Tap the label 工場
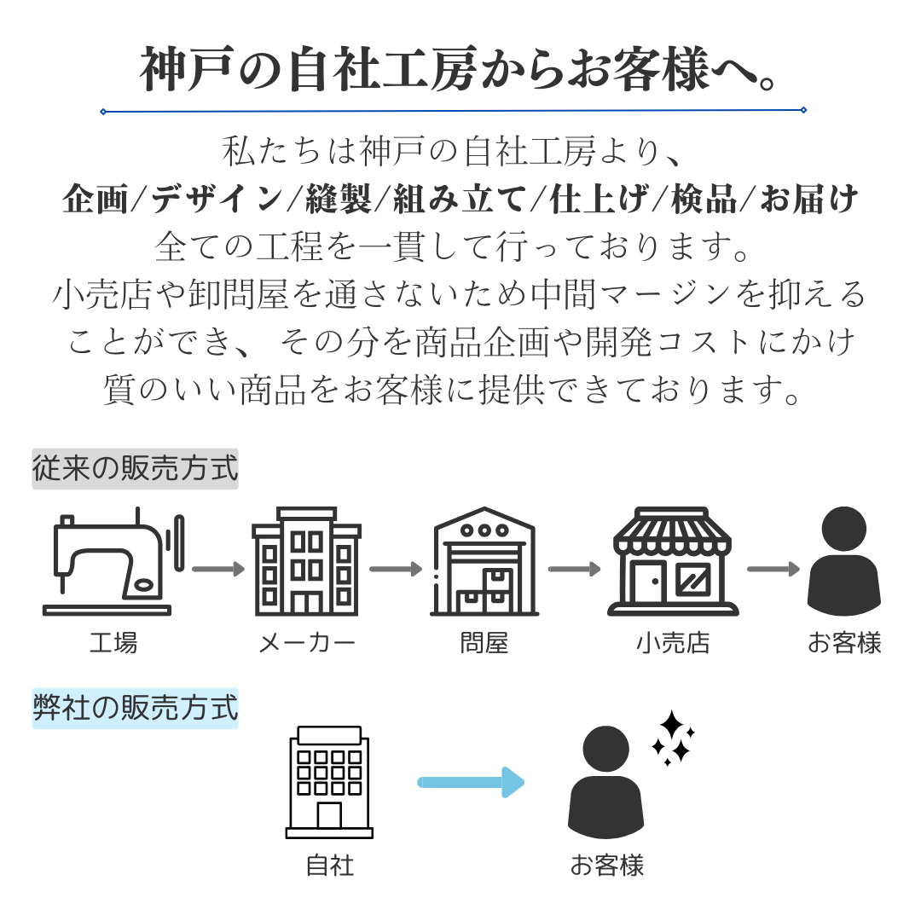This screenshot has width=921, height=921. point(113,642)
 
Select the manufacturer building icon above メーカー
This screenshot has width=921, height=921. point(306,563)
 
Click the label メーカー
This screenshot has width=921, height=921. point(306,642)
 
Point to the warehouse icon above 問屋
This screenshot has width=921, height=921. point(484,563)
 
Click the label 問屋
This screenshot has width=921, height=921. point(484,642)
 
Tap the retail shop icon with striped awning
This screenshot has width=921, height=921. point(673,563)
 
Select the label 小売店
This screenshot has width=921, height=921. point(673,642)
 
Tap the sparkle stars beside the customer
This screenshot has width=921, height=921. point(673,738)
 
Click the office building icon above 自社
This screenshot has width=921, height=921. point(329,783)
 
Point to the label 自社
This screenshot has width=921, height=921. point(329,866)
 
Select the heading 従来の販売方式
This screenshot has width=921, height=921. point(135,469)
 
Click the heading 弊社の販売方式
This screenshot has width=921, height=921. point(135,709)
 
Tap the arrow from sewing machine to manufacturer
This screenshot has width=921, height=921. point(217,569)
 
